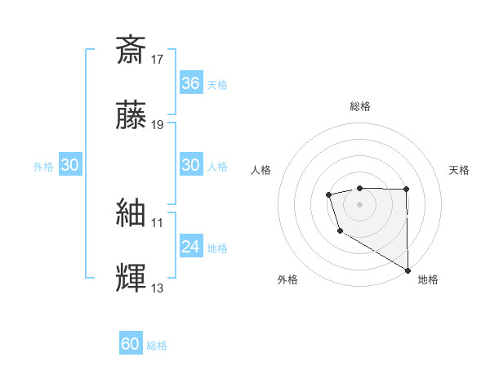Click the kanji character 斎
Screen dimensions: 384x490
click(x=131, y=51)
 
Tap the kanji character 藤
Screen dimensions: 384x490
click(x=131, y=117)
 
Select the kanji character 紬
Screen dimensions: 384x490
click(x=131, y=213)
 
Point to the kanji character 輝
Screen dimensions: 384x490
click(x=131, y=279)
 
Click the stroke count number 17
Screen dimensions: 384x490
click(x=158, y=59)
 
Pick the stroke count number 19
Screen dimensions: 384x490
click(x=158, y=125)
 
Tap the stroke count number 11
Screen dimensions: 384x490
click(x=158, y=221)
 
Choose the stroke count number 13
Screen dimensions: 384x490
click(x=158, y=288)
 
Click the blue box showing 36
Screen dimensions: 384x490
click(x=191, y=83)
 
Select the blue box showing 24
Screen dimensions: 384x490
click(x=191, y=247)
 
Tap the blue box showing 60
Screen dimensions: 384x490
click(x=131, y=345)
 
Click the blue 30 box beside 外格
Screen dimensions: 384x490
click(x=70, y=165)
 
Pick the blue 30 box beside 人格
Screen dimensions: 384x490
click(x=191, y=165)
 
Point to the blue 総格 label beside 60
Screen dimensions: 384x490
click(x=157, y=346)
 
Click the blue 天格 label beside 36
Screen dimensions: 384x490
click(x=217, y=84)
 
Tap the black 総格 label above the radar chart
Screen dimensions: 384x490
click(x=359, y=106)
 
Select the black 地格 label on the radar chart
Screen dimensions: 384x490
click(x=428, y=279)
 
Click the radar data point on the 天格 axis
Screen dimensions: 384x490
click(x=406, y=190)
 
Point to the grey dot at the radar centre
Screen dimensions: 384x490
click(x=359, y=203)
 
